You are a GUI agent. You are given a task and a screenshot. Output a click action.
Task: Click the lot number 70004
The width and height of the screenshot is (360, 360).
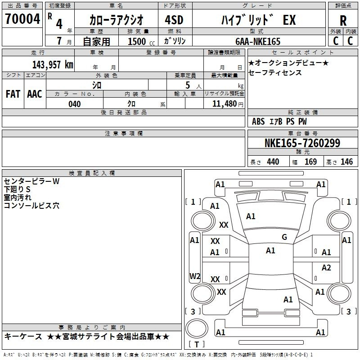click(22, 19)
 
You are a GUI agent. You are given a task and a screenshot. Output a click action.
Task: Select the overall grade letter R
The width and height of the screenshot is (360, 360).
click(343, 21)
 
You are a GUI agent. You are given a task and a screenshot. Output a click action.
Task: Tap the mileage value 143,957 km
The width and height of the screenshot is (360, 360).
click(53, 64)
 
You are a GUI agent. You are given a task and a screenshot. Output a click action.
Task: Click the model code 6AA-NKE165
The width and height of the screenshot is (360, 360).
click(258, 41)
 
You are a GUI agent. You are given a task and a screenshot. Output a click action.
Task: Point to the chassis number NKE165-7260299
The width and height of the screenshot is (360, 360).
click(302, 143)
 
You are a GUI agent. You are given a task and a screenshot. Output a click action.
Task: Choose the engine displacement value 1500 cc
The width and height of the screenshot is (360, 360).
click(141, 41)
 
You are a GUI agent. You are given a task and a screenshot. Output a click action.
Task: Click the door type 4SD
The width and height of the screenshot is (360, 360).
click(174, 20)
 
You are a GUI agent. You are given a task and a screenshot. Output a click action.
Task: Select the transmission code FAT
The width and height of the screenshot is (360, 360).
click(13, 94)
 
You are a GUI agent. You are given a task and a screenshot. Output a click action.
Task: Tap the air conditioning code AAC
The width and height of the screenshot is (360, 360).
click(35, 94)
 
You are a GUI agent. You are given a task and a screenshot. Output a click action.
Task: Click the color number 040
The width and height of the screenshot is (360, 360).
click(74, 104)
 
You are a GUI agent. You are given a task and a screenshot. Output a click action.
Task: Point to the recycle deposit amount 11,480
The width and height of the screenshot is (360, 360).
click(225, 104)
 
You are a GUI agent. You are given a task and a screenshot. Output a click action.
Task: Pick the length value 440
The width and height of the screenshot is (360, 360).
click(273, 162)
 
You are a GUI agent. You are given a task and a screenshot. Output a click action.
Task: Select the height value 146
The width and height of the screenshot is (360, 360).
click(346, 162)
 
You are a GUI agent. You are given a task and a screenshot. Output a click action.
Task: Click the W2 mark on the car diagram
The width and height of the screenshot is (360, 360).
click(195, 276)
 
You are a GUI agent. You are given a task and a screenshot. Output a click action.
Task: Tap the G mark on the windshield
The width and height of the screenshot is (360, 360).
click(284, 237)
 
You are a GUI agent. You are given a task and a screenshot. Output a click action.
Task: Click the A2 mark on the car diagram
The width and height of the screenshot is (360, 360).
click(326, 267)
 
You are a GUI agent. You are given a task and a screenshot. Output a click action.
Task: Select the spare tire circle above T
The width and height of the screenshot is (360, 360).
click(197, 328)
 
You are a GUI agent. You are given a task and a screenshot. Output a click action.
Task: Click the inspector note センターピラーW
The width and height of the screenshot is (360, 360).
click(31, 181)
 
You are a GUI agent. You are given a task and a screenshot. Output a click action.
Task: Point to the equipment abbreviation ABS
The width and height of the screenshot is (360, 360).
click(258, 121)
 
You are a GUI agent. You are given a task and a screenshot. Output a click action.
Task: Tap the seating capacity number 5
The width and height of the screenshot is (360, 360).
click(188, 85)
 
